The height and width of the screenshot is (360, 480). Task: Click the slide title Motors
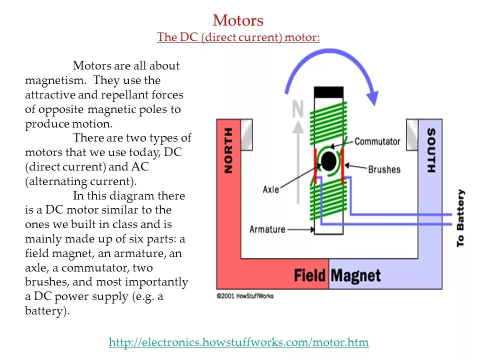pyautogui.click(x=238, y=20)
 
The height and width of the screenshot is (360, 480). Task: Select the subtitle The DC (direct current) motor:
pyautogui.click(x=238, y=37)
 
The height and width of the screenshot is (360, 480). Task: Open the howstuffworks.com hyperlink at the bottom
pyautogui.click(x=238, y=342)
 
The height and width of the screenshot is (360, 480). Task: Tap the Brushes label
pyautogui.click(x=384, y=169)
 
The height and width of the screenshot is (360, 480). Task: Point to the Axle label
pyautogui.click(x=270, y=189)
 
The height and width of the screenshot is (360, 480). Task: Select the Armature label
pyautogui.click(x=267, y=229)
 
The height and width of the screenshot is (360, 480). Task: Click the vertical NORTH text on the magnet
pyautogui.click(x=228, y=150)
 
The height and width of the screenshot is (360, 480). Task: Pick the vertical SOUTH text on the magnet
pyautogui.click(x=430, y=150)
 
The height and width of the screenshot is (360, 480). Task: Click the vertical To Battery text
pyautogui.click(x=460, y=217)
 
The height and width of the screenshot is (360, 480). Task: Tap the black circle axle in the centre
pyautogui.click(x=328, y=161)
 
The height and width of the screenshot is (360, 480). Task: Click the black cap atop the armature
pyautogui.click(x=328, y=92)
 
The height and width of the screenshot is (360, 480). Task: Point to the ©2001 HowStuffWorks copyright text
pyautogui.click(x=245, y=296)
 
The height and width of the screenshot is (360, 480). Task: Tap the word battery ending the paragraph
pyautogui.click(x=45, y=311)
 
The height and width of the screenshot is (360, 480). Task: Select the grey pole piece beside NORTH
pyautogui.click(x=246, y=133)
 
